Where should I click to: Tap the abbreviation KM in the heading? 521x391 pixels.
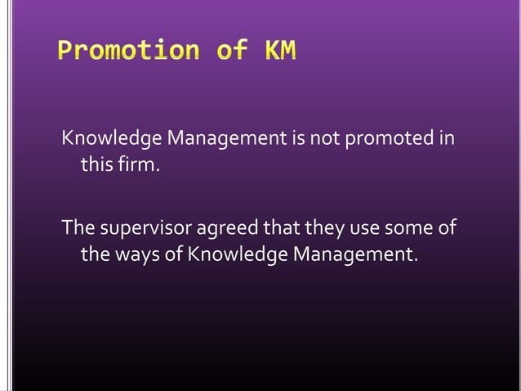[278, 52]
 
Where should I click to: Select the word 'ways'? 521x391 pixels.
[134, 257]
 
